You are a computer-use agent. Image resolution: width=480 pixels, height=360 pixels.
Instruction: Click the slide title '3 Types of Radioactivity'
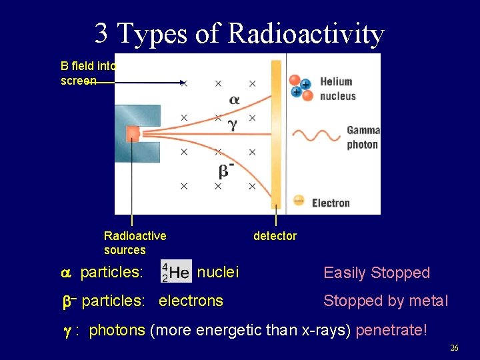click(x=239, y=33)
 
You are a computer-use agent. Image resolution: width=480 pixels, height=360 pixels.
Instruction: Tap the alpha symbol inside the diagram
click(x=234, y=100)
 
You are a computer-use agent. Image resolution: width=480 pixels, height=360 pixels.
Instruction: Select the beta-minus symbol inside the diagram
click(x=226, y=171)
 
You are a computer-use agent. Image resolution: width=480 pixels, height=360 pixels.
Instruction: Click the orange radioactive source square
click(x=133, y=133)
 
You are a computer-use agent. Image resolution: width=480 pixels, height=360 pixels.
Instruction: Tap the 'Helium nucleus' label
click(x=337, y=89)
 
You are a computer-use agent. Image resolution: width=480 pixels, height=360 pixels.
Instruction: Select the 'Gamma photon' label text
click(x=363, y=137)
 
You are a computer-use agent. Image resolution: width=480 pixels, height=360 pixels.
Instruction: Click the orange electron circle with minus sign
click(x=299, y=200)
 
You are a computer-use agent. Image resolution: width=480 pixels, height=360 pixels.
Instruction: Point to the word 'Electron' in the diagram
click(x=331, y=203)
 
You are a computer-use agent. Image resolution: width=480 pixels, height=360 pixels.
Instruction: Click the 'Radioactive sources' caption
click(x=135, y=243)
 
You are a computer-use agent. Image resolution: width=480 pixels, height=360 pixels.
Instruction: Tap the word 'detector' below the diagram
click(x=275, y=236)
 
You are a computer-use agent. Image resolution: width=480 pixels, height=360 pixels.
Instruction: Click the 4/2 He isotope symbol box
click(x=176, y=271)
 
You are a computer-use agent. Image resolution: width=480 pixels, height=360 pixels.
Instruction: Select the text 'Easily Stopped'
click(x=377, y=273)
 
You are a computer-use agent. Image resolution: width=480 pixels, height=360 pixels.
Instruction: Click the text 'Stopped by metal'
click(x=385, y=301)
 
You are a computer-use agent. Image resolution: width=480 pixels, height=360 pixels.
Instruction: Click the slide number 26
click(x=454, y=348)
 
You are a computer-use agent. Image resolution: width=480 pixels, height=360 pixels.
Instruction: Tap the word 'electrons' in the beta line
click(x=191, y=301)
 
